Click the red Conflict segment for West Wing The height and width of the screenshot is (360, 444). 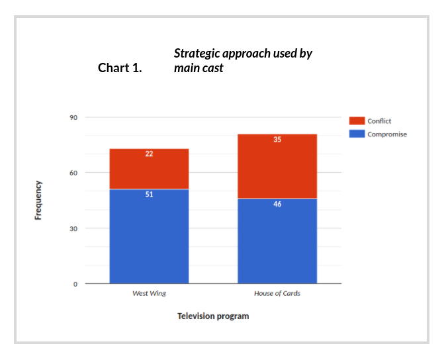pyautogui.click(x=149, y=169)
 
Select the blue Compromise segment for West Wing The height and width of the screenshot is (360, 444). pyautogui.click(x=149, y=238)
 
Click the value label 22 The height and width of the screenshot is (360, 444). pyautogui.click(x=149, y=154)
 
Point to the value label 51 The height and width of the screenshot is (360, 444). pyautogui.click(x=149, y=195)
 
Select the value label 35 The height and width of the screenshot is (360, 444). pyautogui.click(x=277, y=140)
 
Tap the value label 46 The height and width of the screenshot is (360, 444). pyautogui.click(x=277, y=204)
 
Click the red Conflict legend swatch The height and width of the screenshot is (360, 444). pyautogui.click(x=357, y=121)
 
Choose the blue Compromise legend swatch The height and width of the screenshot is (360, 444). pyautogui.click(x=357, y=134)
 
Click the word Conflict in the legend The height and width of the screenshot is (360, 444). pyautogui.click(x=380, y=121)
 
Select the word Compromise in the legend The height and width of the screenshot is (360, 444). pyautogui.click(x=387, y=134)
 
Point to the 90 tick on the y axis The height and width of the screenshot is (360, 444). pyautogui.click(x=73, y=117)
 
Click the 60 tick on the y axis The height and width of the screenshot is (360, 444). pyautogui.click(x=73, y=173)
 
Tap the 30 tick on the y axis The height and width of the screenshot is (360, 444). pyautogui.click(x=73, y=228)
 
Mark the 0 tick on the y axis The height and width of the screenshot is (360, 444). pyautogui.click(x=75, y=284)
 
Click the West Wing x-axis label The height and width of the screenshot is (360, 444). pyautogui.click(x=149, y=293)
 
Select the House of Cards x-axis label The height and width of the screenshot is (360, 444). pyautogui.click(x=277, y=293)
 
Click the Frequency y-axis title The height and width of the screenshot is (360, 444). pyautogui.click(x=38, y=200)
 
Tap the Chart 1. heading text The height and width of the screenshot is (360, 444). pyautogui.click(x=120, y=67)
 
